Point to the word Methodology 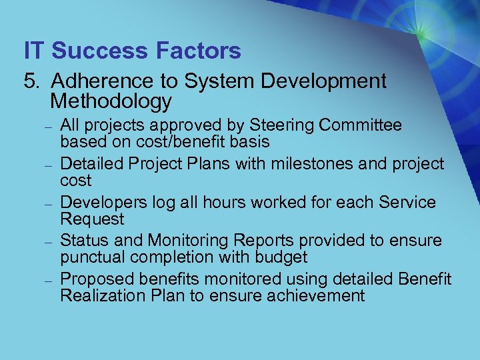click(111, 101)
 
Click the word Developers click(102, 203)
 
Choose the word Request click(92, 219)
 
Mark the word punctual click(89, 258)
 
